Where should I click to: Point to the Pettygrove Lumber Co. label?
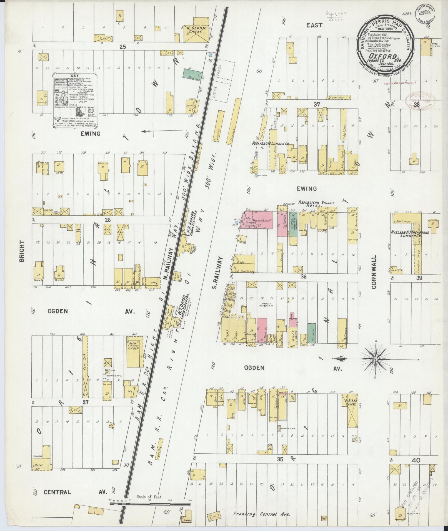tap(271, 144)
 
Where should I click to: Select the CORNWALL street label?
tap(374, 272)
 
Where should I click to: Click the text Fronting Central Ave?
tap(262, 514)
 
